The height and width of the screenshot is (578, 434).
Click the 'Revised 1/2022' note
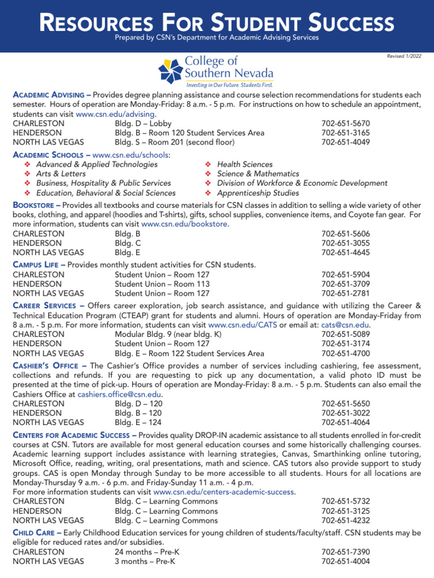pyautogui.click(x=404, y=56)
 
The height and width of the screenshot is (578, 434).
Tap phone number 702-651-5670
pyautogui.click(x=345, y=124)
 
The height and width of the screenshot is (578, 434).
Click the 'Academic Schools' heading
pyautogui.click(x=50, y=155)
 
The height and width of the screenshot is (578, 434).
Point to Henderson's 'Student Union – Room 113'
pyautogui.click(x=162, y=284)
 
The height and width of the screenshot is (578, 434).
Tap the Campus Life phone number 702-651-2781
pyautogui.click(x=345, y=294)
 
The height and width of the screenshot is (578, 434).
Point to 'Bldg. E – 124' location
pyautogui.click(x=138, y=422)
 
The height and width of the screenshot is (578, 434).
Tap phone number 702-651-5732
pyautogui.click(x=345, y=501)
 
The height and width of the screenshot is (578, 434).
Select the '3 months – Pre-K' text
pyautogui.click(x=145, y=562)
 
